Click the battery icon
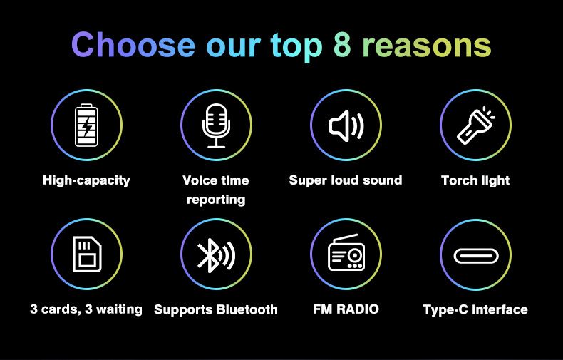tap(86, 125)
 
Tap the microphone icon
tap(216, 125)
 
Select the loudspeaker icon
tap(346, 125)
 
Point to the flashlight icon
tap(476, 125)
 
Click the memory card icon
tap(87, 254)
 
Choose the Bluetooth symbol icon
tap(216, 255)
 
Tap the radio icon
tap(346, 252)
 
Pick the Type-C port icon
tap(476, 256)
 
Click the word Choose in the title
tap(133, 45)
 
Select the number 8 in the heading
tap(342, 45)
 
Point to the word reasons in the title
tap(427, 47)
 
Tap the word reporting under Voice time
tap(216, 200)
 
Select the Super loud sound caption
tap(346, 180)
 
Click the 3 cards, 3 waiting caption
tap(86, 309)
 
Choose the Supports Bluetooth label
tap(216, 309)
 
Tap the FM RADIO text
tap(346, 309)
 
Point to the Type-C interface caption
tap(475, 309)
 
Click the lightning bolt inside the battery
tap(86, 125)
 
